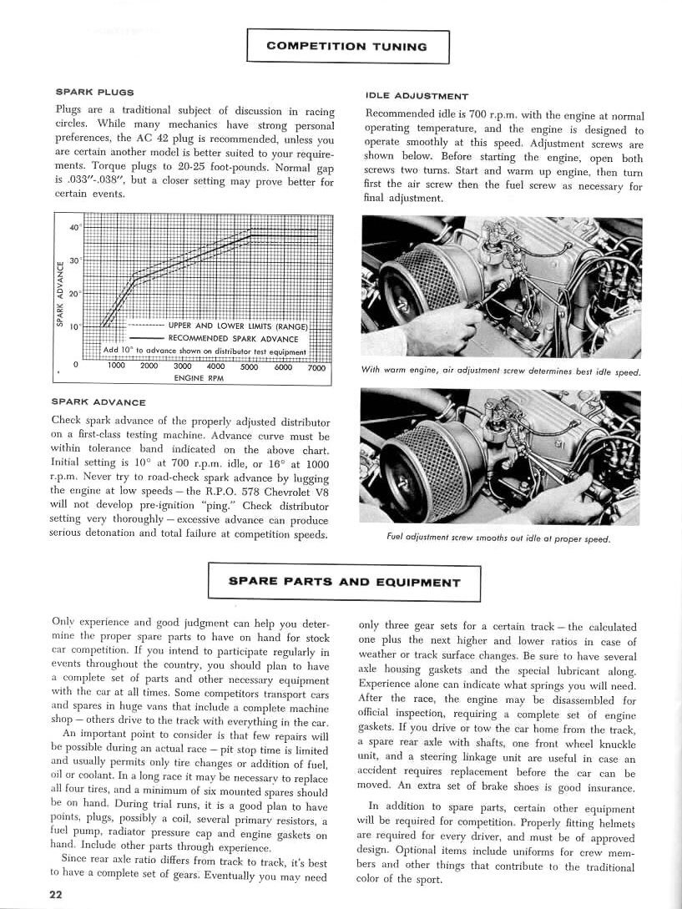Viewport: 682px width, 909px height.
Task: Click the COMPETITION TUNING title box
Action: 347,47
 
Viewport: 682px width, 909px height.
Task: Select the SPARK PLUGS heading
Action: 95,92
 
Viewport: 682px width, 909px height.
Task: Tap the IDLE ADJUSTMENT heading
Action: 417,97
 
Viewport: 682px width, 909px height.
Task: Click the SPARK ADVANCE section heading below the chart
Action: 99,402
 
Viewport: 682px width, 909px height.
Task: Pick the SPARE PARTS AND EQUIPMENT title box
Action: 344,583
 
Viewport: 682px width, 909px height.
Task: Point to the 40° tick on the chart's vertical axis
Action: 75,228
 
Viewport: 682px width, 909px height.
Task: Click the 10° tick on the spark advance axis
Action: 75,326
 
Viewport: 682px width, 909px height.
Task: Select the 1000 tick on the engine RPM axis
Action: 116,366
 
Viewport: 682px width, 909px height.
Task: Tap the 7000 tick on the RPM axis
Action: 316,366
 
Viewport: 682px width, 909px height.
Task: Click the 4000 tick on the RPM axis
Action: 215,366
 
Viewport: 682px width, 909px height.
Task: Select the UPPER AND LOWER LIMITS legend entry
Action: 238,326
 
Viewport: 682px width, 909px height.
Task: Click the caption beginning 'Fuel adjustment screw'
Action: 499,538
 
